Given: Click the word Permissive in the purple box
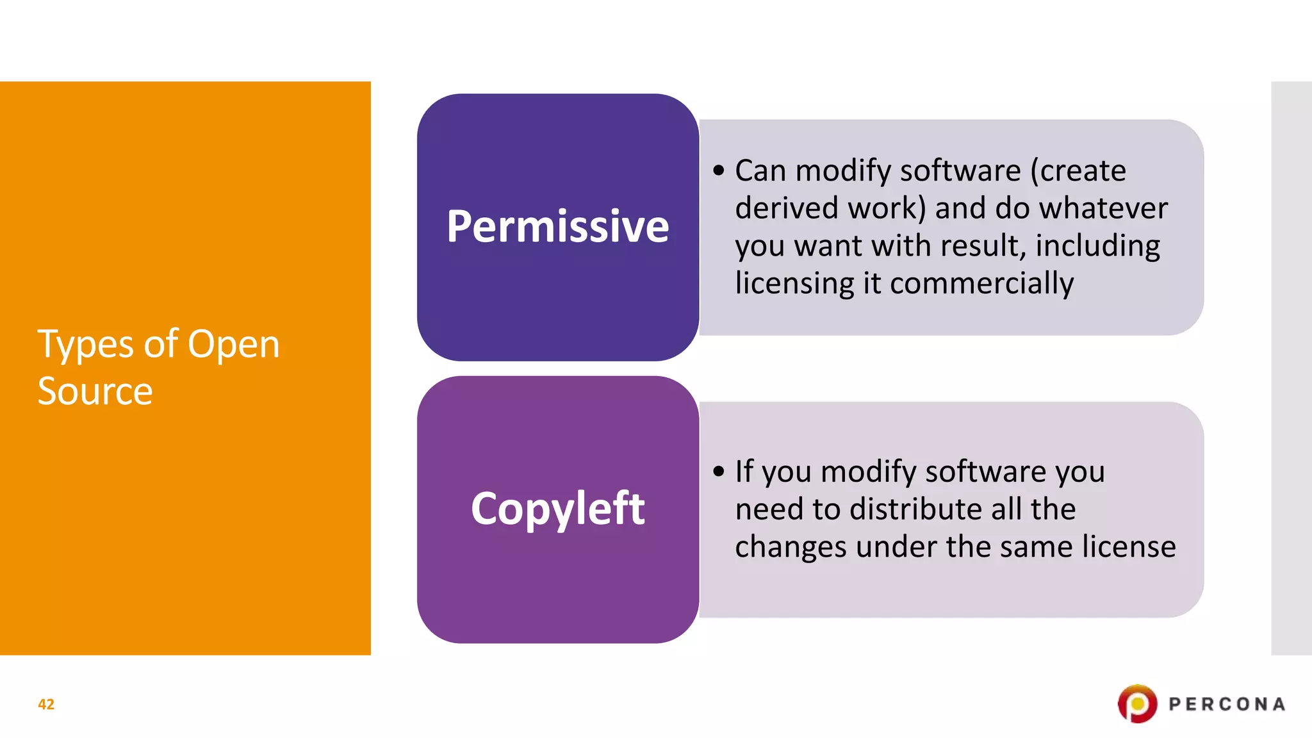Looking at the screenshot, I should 557,227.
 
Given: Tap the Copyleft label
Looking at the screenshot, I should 557,509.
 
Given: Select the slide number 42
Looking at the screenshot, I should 46,704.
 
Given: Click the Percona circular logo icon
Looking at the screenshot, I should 1137,704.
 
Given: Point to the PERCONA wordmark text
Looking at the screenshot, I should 1226,704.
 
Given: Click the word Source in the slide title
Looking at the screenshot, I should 95,391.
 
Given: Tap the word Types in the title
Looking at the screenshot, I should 86,345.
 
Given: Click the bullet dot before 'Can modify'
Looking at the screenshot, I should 719,171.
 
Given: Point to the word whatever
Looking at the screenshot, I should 1103,208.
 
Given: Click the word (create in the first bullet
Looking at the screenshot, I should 1078,171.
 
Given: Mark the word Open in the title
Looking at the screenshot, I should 233,345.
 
